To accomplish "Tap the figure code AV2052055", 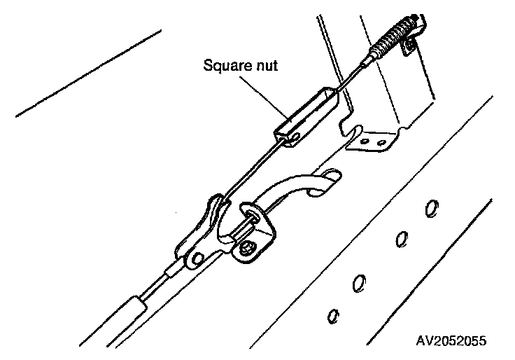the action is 451,340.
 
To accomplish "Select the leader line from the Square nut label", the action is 265,95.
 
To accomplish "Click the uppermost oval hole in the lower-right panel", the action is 432,208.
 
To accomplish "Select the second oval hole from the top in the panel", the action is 401,238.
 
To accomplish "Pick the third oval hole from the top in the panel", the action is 359,282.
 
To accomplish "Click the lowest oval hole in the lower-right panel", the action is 333,315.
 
